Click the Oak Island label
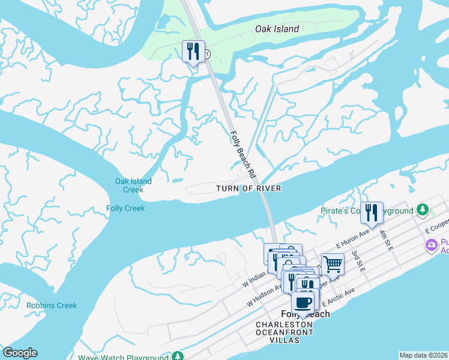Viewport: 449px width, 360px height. [277, 28]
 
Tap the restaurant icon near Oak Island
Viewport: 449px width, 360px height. [193, 50]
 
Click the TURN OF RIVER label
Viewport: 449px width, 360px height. [249, 188]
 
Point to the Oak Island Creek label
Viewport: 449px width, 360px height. [133, 185]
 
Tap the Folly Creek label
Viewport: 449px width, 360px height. [125, 208]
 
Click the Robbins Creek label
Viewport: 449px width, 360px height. [52, 305]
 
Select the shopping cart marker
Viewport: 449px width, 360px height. [332, 263]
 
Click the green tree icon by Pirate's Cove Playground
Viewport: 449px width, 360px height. [424, 210]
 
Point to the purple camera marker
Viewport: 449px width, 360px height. [430, 245]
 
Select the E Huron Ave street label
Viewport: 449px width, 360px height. [352, 239]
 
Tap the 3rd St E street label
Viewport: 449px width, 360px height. [359, 262]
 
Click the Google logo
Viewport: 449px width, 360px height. [20, 353]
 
